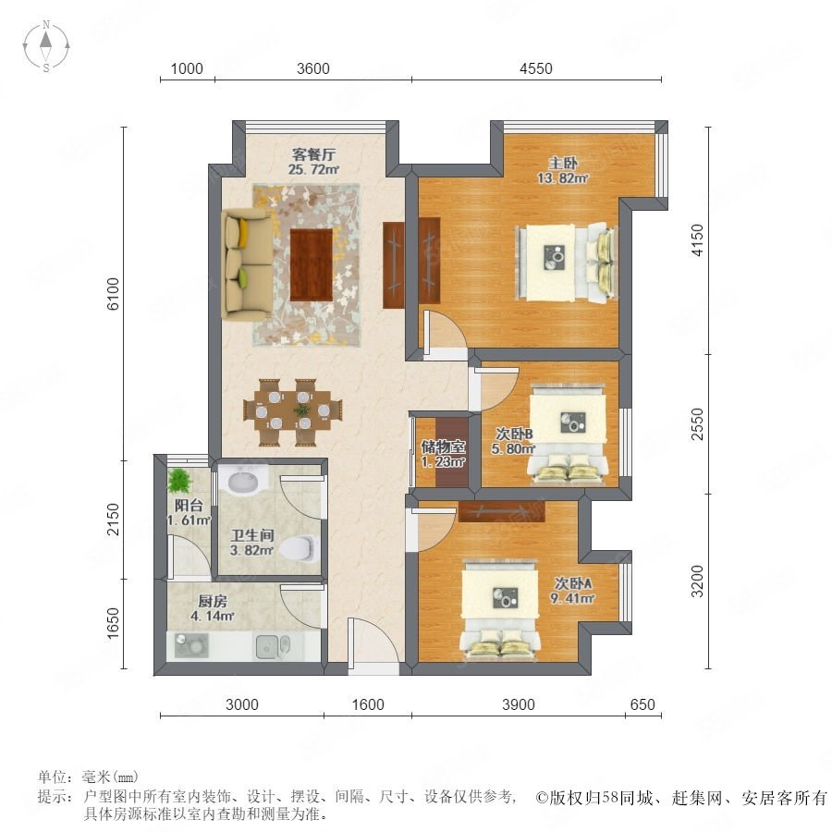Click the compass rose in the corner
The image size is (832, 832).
tap(46, 46)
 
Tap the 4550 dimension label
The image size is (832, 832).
tap(535, 68)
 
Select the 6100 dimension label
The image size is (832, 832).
tap(114, 293)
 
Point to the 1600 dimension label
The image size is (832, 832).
tap(368, 704)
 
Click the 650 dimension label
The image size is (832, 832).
tap(642, 704)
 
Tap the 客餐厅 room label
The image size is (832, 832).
tap(313, 154)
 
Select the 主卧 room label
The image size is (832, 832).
tap(562, 163)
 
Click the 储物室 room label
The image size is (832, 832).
tap(443, 447)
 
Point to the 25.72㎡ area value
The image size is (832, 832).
tap(313, 170)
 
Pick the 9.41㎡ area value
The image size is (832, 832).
tap(572, 598)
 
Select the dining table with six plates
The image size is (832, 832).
tap(292, 411)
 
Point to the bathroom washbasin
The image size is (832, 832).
tap(243, 480)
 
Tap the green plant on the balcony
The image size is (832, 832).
tap(179, 480)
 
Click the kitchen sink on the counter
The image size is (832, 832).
tap(273, 646)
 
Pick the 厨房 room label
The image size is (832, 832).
tap(213, 601)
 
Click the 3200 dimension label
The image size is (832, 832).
tap(697, 581)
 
